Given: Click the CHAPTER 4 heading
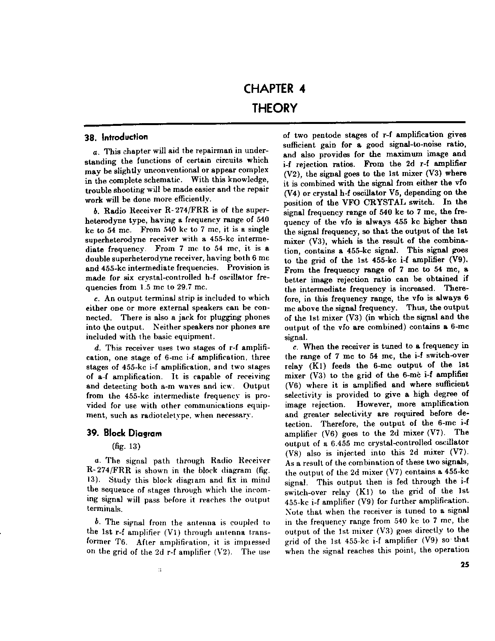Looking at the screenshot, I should pos(274,89).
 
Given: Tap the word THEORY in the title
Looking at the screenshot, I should pos(274,108).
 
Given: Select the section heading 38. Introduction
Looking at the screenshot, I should pos(116,137).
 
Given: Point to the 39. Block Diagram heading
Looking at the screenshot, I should pos(123,433).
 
